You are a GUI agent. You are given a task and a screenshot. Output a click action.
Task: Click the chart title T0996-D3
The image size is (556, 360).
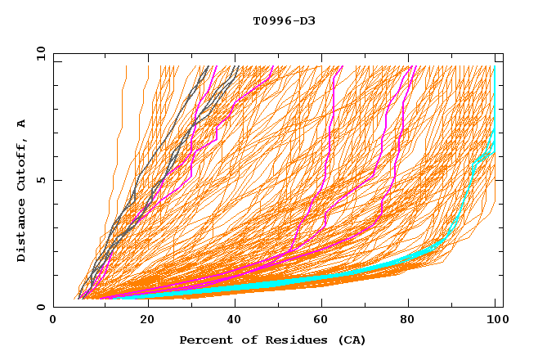pos(284,21)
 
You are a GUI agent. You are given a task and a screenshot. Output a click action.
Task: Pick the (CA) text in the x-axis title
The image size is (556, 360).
pos(352,340)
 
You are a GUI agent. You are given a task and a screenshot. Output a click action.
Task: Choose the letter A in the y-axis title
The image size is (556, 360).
pos(21,124)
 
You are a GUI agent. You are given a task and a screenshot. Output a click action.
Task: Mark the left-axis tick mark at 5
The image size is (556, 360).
pos(56,180)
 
